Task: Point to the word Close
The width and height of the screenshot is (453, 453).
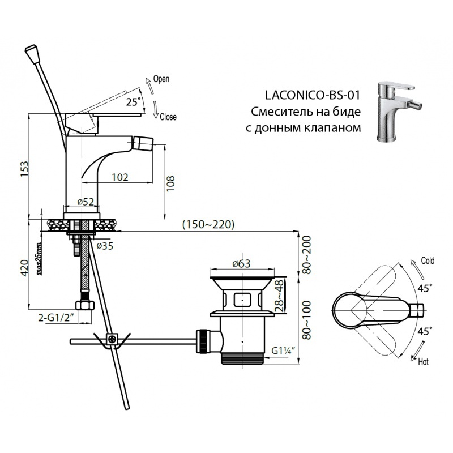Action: tap(168, 117)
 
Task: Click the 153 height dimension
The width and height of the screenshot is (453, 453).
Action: tap(23, 169)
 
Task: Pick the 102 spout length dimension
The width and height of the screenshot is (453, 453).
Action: tap(119, 177)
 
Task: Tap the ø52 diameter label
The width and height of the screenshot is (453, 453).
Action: tap(85, 202)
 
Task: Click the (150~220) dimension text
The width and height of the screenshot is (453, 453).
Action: tap(208, 224)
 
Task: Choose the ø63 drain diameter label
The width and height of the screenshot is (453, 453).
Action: tap(241, 263)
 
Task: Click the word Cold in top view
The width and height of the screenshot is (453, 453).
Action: tap(428, 261)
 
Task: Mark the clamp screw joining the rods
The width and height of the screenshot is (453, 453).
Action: tap(112, 340)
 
